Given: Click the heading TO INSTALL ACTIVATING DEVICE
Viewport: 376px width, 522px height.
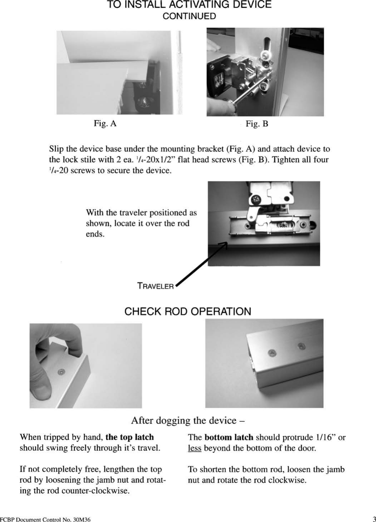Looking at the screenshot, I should pyautogui.click(x=189, y=5).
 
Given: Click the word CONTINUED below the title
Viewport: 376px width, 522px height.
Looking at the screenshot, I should pyautogui.click(x=189, y=16).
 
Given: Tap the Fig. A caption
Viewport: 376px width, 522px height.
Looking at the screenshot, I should pyautogui.click(x=105, y=124).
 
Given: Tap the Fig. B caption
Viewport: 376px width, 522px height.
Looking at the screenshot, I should pyautogui.click(x=257, y=124).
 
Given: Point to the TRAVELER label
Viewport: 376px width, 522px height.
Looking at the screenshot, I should pyautogui.click(x=155, y=286).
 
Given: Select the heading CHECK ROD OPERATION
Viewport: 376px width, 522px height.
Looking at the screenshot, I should pyautogui.click(x=187, y=311).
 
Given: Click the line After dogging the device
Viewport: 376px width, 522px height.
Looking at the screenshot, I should pyautogui.click(x=187, y=420).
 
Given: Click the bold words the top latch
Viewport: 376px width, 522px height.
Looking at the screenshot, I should pyautogui.click(x=130, y=437).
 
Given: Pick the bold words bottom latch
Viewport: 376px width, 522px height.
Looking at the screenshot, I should pyautogui.click(x=229, y=437).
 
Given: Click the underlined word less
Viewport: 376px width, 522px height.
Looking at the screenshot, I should pyautogui.click(x=194, y=448).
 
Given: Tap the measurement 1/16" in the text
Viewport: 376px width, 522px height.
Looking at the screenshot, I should pyautogui.click(x=326, y=437).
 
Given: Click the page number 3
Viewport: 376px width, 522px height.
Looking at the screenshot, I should pyautogui.click(x=374, y=519).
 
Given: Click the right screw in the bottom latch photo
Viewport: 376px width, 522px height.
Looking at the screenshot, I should pyautogui.click(x=301, y=346).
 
